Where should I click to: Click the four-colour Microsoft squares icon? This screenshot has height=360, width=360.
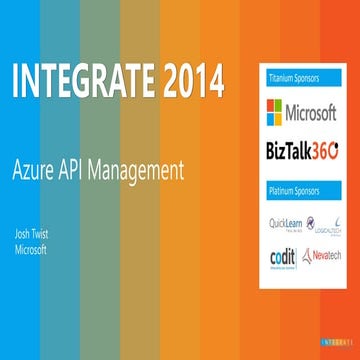[x=274, y=109]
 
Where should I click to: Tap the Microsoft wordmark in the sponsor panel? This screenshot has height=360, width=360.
[x=312, y=109]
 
